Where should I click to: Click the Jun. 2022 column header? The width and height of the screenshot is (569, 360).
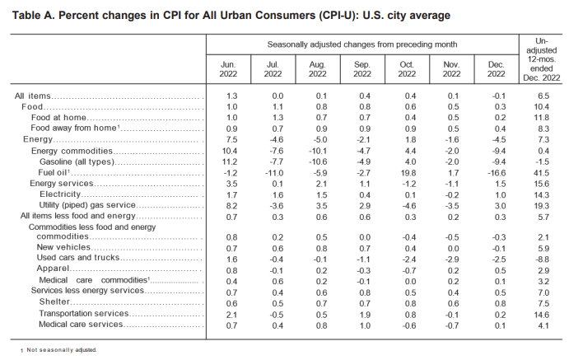[228, 69]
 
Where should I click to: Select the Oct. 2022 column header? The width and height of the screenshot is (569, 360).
[407, 69]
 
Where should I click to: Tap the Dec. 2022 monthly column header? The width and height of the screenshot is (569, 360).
[496, 69]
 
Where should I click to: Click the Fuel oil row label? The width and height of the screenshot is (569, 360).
[54, 172]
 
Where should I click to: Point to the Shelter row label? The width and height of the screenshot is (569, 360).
[54, 302]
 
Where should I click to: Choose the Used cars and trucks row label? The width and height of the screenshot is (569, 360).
[78, 257]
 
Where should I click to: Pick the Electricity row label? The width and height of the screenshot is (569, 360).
[60, 194]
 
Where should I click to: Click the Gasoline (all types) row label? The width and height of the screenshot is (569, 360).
[77, 161]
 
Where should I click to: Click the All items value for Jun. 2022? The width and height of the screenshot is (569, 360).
[231, 96]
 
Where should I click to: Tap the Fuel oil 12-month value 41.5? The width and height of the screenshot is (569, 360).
[542, 173]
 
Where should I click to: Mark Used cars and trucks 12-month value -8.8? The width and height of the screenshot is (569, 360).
[542, 259]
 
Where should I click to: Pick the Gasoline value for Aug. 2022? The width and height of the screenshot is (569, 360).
[318, 161]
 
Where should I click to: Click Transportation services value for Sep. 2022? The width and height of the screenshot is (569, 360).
[365, 315]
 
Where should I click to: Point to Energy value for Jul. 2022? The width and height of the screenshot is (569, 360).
[276, 140]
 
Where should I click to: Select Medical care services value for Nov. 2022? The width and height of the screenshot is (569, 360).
[452, 325]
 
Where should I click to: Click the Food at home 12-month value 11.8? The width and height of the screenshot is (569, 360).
[542, 118]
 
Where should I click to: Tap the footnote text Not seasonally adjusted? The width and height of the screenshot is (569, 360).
[61, 350]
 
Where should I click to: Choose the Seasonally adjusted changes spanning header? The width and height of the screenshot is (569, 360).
[362, 44]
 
